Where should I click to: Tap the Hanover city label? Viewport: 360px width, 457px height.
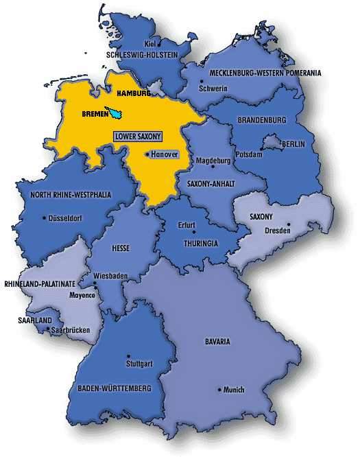tap(165, 154)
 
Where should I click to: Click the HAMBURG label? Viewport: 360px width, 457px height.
tap(133, 93)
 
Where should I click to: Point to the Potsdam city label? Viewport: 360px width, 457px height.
tap(249, 154)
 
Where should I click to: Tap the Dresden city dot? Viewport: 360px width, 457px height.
tap(289, 224)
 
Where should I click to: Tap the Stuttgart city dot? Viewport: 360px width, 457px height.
tap(128, 355)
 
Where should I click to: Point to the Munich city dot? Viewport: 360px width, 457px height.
tap(220, 390)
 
